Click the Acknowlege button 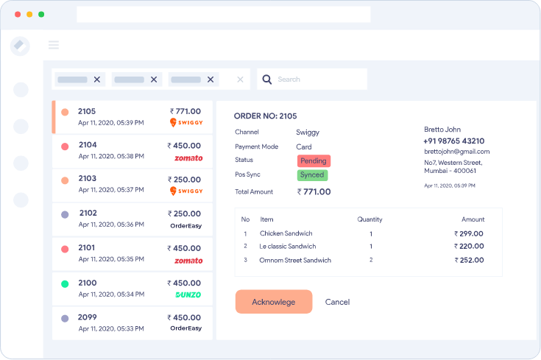coord(274,302)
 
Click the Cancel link coord(337,302)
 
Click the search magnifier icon coord(267,80)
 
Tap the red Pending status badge coord(314,160)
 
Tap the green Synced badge coord(312,175)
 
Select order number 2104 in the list coord(88,145)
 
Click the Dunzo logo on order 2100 coord(188,294)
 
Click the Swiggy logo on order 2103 coord(186,191)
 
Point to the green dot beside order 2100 coord(65,283)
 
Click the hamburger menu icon coord(54,45)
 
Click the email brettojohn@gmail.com coord(456,152)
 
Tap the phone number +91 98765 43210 coord(453,141)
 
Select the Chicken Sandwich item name coord(286,234)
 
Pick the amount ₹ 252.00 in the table coord(469,260)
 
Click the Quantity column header coord(369,219)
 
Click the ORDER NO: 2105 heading coord(265,116)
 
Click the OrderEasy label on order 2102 coord(185,225)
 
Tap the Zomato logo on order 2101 coord(188,261)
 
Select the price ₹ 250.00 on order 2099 coord(184,317)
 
